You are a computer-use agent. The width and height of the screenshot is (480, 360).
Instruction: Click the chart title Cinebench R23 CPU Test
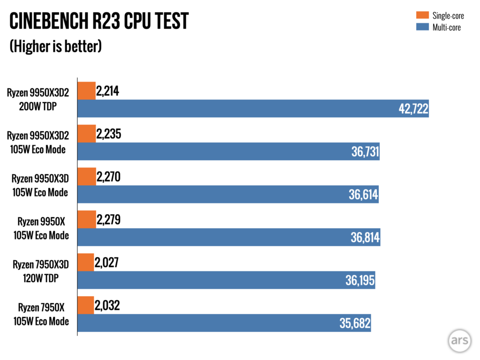point(99,21)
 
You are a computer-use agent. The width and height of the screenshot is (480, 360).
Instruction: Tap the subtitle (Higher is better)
point(56,46)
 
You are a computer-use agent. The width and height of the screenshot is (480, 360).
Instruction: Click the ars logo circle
point(459,341)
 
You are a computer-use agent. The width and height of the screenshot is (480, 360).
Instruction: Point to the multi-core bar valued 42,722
point(253,108)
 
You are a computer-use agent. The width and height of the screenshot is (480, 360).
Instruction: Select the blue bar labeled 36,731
point(228,151)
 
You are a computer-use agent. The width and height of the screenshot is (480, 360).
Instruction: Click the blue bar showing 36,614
point(228,194)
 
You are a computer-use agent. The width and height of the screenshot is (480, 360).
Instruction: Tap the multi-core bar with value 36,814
point(228,237)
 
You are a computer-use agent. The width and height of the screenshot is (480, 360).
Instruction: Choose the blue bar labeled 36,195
point(226,280)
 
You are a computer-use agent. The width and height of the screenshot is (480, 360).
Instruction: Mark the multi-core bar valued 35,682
point(224,323)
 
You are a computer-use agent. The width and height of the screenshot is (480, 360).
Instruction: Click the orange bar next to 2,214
point(86,90)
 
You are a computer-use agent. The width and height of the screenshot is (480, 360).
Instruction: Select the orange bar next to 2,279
point(87,219)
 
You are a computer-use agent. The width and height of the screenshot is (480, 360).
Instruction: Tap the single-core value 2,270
point(108,177)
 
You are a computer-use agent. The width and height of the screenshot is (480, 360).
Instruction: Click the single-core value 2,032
point(107,306)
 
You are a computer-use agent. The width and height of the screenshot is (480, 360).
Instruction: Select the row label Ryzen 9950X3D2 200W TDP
point(38,99)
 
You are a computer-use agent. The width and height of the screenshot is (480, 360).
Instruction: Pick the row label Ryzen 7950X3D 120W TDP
point(41,271)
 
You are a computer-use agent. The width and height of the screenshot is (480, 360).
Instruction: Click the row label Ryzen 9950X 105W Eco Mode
point(41,228)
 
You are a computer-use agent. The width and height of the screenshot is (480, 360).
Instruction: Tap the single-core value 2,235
point(108,134)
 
